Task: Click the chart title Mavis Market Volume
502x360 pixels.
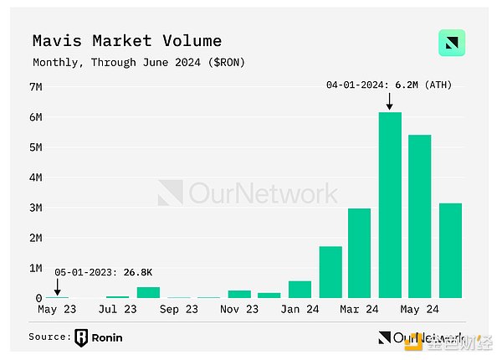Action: [x=127, y=40]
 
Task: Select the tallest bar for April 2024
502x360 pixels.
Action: [x=390, y=205]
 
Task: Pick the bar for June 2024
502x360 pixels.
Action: [x=450, y=250]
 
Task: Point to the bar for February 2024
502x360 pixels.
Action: [x=330, y=272]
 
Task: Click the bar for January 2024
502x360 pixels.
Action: [x=300, y=290]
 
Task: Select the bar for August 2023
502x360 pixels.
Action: [x=148, y=292]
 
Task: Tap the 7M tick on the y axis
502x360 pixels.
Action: [x=36, y=86]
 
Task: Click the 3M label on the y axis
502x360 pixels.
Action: [x=36, y=208]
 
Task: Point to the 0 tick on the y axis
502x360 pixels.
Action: [x=38, y=298]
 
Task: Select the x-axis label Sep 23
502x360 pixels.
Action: [x=178, y=309]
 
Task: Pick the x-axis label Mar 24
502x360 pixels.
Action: [x=360, y=309]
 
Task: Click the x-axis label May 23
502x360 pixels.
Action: [x=57, y=309]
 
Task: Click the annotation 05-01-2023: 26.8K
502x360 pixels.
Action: [x=104, y=273]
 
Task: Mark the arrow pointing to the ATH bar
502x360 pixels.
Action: [x=389, y=100]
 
